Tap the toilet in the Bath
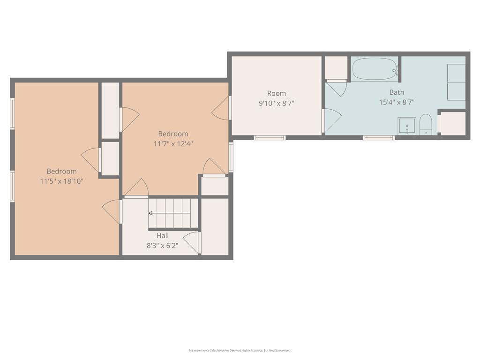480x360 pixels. [425, 125]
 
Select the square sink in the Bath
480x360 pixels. [407, 126]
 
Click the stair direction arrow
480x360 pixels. [169, 213]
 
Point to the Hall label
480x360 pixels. [163, 235]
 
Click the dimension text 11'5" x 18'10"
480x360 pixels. [61, 181]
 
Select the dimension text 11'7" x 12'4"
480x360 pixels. [173, 143]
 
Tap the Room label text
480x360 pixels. [277, 93]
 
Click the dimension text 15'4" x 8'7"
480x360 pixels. [397, 102]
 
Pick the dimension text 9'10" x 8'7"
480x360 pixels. [277, 103]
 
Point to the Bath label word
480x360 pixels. [397, 92]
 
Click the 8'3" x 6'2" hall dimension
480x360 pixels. [163, 246]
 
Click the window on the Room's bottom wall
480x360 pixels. [270, 138]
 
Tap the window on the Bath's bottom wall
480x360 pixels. [379, 138]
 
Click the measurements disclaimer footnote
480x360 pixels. [240, 350]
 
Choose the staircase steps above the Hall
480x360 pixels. [173, 213]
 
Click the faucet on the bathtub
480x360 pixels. [396, 71]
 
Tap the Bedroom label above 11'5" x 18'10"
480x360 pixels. [61, 171]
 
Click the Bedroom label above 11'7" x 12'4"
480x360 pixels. [173, 134]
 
